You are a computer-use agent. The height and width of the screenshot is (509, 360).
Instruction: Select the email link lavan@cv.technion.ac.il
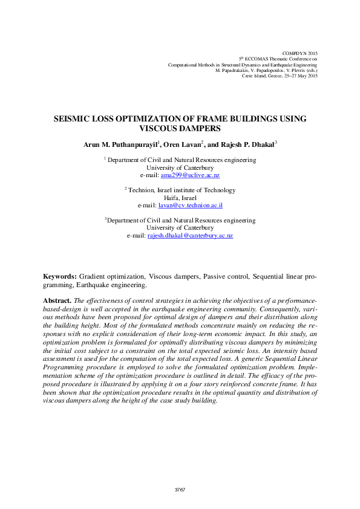tap(191, 206)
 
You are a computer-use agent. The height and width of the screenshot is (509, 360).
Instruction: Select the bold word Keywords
tap(60, 276)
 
